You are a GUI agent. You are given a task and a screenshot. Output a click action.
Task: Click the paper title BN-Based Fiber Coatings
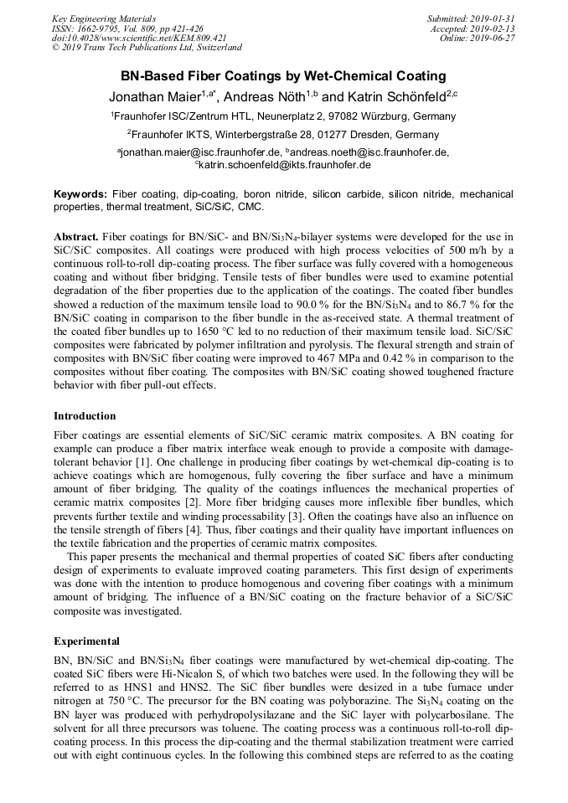pyautogui.click(x=283, y=76)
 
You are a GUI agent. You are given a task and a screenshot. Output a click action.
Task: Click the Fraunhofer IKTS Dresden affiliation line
pyautogui.click(x=283, y=134)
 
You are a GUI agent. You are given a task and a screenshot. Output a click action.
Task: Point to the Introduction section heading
pyautogui.click(x=85, y=416)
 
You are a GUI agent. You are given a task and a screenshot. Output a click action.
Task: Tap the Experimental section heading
pyautogui.click(x=86, y=641)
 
